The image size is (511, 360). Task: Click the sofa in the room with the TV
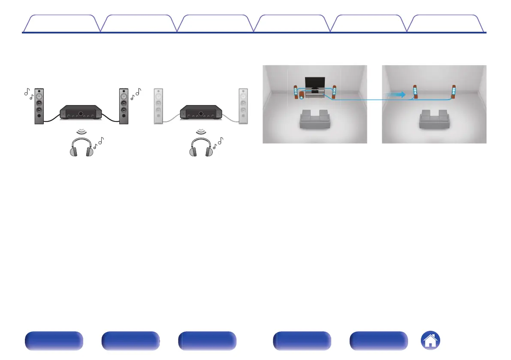click(x=314, y=119)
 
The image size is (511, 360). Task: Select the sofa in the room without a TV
click(x=434, y=119)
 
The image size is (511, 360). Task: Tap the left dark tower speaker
click(x=39, y=106)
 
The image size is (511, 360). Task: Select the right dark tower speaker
click(x=124, y=106)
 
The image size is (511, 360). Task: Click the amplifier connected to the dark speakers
click(x=82, y=113)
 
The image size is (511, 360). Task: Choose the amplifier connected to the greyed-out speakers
click(x=200, y=113)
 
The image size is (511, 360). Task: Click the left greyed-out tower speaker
click(x=158, y=106)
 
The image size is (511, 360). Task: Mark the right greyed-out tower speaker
click(x=243, y=106)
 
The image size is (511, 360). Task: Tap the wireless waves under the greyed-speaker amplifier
click(x=200, y=130)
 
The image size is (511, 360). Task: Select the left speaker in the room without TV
click(x=415, y=92)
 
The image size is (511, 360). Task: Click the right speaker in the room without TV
click(x=453, y=92)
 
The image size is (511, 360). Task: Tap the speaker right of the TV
click(x=334, y=93)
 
